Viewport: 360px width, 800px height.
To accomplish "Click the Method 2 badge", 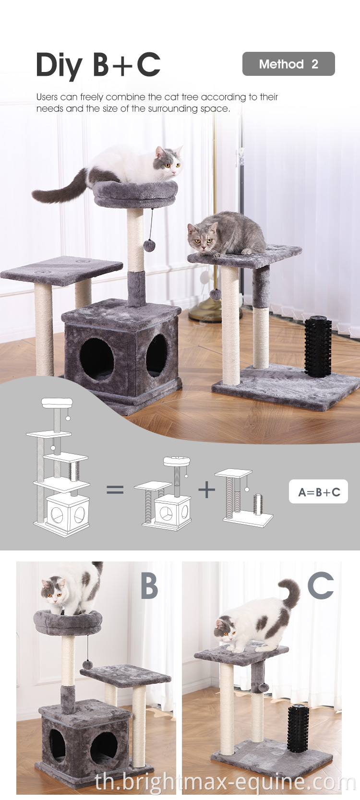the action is pyautogui.click(x=288, y=64).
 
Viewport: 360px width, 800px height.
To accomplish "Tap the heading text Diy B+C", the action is pyautogui.click(x=98, y=65).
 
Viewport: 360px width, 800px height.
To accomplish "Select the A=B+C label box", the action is pyautogui.click(x=318, y=492).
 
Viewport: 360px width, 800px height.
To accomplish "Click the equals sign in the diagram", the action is pyautogui.click(x=115, y=490).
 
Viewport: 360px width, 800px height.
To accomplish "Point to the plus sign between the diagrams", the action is pyautogui.click(x=207, y=489).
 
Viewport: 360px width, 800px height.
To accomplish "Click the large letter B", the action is pyautogui.click(x=149, y=586).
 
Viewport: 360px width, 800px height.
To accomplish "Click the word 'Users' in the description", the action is pyautogui.click(x=47, y=97).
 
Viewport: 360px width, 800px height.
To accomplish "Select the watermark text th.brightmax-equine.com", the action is pyautogui.click(x=225, y=783).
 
